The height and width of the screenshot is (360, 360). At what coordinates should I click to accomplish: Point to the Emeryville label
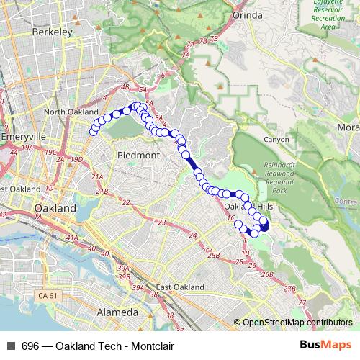pos(24,136)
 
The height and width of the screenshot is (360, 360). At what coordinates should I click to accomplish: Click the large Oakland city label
pos(55,208)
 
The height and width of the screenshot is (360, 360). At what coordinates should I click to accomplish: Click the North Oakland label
pos(71,112)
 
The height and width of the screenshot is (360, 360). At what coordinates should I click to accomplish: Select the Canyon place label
pos(276,140)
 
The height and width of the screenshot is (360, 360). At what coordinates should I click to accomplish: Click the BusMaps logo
pos(326,346)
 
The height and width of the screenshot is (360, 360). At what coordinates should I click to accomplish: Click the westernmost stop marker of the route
pos(92,130)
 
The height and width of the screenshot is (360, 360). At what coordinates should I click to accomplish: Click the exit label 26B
pos(268,275)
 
